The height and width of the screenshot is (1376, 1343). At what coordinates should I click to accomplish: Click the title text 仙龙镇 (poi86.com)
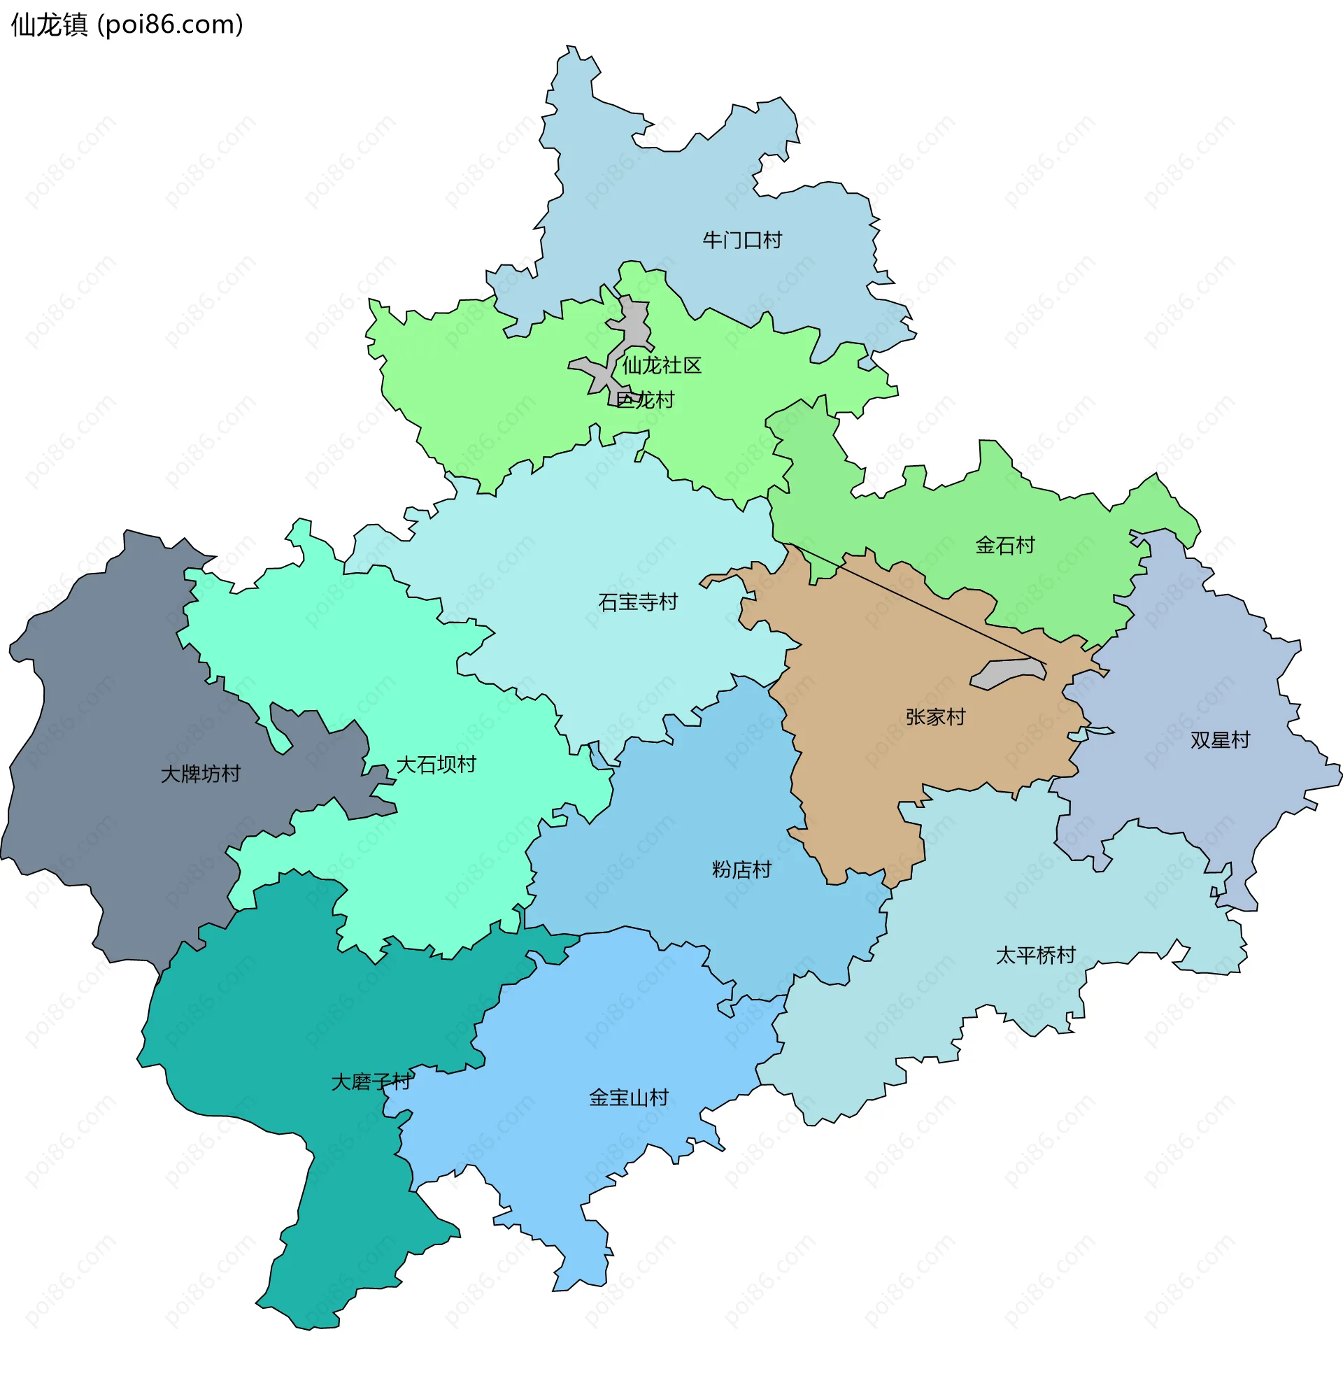(127, 24)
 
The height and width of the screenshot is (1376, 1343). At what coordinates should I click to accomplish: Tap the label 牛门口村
(742, 241)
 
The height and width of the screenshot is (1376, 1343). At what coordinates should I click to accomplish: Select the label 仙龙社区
(662, 365)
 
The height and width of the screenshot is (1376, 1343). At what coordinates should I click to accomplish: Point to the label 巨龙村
(645, 400)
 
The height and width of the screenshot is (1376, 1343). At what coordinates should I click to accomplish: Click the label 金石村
(1004, 545)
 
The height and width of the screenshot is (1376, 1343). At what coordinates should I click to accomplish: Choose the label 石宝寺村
(638, 602)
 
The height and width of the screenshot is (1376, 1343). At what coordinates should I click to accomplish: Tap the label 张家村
(935, 717)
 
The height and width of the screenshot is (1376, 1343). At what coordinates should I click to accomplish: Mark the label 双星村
(1220, 740)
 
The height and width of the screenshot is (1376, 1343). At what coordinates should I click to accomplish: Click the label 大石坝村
(436, 765)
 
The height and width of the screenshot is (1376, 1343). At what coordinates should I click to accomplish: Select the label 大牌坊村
(200, 774)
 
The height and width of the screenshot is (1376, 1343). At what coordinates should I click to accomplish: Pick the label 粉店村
(741, 870)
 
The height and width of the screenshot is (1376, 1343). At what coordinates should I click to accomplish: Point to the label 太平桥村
(1035, 955)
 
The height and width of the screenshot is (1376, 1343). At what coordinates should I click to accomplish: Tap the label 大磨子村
(371, 1082)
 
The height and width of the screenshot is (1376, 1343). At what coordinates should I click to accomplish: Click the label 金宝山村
(628, 1098)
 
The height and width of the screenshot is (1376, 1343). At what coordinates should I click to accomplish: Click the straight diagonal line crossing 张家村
(917, 604)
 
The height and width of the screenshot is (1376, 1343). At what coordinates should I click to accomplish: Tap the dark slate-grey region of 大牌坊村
(106, 705)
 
